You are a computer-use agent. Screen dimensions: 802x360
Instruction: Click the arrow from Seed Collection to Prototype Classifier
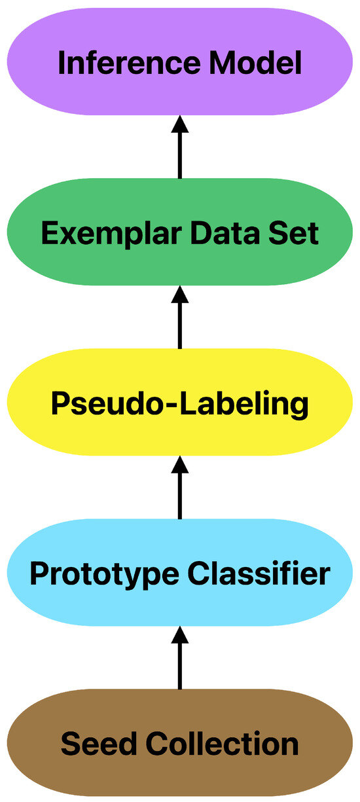coord(180,658)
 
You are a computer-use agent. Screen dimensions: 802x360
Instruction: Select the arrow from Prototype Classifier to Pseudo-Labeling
coord(180,488)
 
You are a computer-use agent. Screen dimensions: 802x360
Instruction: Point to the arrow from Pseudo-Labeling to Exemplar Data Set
coord(180,318)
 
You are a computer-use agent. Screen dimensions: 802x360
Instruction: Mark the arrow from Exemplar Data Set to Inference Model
coord(180,147)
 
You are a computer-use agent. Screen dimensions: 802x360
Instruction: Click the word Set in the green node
coord(296,234)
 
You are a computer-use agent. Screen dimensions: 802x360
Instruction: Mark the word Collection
coord(222,744)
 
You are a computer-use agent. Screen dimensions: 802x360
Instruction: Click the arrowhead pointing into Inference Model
coord(180,125)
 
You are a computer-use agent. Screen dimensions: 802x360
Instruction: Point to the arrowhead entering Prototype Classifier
coord(180,636)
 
